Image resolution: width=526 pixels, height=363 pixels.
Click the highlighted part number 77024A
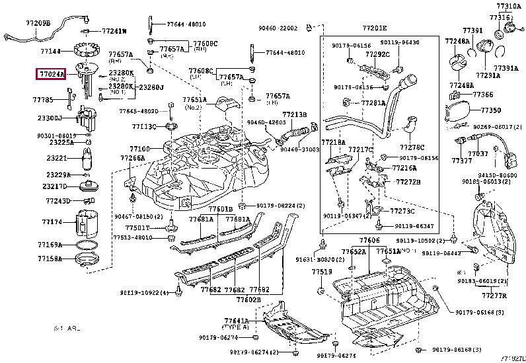[50, 75]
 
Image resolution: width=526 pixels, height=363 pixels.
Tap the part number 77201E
[373, 28]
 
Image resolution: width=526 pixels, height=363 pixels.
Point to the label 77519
[322, 272]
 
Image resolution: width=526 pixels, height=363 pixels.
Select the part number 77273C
[402, 212]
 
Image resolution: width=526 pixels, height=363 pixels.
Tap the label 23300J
[50, 118]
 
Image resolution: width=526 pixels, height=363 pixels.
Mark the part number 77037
[478, 153]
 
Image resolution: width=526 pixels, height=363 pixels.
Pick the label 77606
[369, 240]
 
